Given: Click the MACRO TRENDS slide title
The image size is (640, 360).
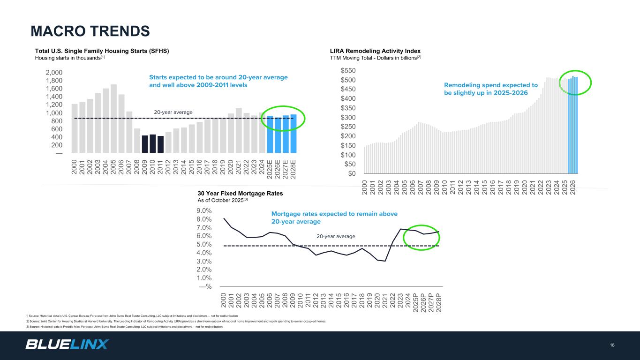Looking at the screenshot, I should (x=90, y=31).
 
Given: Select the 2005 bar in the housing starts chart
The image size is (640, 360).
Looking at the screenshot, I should (x=113, y=119).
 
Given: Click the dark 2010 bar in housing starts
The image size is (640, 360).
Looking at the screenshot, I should (x=153, y=143).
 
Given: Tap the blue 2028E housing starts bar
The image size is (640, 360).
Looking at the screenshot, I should (x=293, y=134).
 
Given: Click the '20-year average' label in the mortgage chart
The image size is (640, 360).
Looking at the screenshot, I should (x=336, y=236).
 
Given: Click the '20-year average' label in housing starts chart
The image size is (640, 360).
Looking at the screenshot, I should (x=173, y=112).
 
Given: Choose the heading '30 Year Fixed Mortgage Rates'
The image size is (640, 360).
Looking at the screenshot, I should (x=240, y=193).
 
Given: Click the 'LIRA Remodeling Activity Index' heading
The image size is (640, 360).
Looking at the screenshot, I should (x=376, y=51).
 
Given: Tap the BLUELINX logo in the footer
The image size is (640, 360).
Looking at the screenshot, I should (x=67, y=345).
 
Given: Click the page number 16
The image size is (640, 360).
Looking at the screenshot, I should (x=612, y=345).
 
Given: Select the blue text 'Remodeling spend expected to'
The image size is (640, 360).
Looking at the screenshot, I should (x=490, y=85).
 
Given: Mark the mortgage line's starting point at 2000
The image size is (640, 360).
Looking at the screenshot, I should (x=224, y=218).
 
